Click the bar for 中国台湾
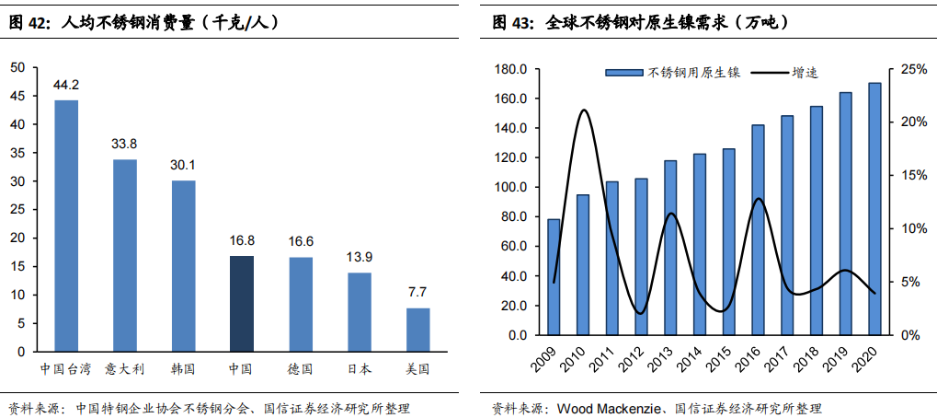tap(66, 226)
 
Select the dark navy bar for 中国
tap(242, 304)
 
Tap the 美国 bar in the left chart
tap(417, 330)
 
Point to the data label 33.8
tap(124, 144)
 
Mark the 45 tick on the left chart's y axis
tap(18, 96)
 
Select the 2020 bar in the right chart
tap(874, 209)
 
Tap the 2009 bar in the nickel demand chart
tap(554, 276)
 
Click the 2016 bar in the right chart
tap(759, 229)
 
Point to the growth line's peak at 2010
tap(584, 110)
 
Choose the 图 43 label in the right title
tap(511, 22)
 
